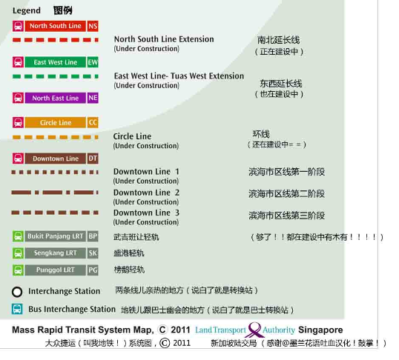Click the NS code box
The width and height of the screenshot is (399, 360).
coord(93,26)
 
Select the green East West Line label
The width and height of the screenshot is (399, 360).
coord(55,62)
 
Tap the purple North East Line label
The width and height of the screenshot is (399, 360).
coord(55,98)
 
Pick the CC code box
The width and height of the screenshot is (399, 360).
coord(93,122)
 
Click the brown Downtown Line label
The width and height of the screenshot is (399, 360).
coord(55,159)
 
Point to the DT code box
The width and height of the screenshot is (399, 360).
coord(93,159)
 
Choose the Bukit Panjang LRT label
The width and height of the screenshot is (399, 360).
coord(55,236)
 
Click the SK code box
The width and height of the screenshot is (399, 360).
coord(93,253)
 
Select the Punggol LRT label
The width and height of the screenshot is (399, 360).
coord(55,270)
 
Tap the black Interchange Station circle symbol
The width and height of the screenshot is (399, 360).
coord(17,292)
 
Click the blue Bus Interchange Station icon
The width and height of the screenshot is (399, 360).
coord(17,309)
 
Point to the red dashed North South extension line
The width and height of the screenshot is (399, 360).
coord(55,40)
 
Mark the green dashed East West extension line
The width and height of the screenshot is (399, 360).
coord(55,76)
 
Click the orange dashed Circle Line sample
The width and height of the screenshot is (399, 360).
coord(55,137)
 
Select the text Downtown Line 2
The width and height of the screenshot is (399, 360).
coord(146,193)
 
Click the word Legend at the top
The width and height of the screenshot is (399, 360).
coord(27,10)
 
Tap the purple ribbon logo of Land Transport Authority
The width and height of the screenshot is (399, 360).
coord(254,330)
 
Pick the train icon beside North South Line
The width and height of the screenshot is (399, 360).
coord(18,26)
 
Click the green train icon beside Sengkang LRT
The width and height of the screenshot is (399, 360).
coord(18,253)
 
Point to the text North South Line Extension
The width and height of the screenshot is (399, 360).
coord(164,39)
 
